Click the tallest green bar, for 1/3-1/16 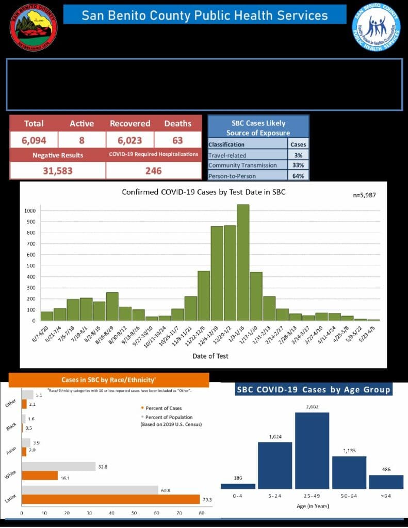[243, 262]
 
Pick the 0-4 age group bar [238, 486]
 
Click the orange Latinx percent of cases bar [110, 499]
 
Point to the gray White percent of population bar [58, 466]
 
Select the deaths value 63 [177, 140]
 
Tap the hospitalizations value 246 [153, 171]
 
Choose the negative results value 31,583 [57, 171]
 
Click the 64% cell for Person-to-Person [298, 175]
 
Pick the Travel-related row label [227, 155]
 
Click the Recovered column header [130, 124]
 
